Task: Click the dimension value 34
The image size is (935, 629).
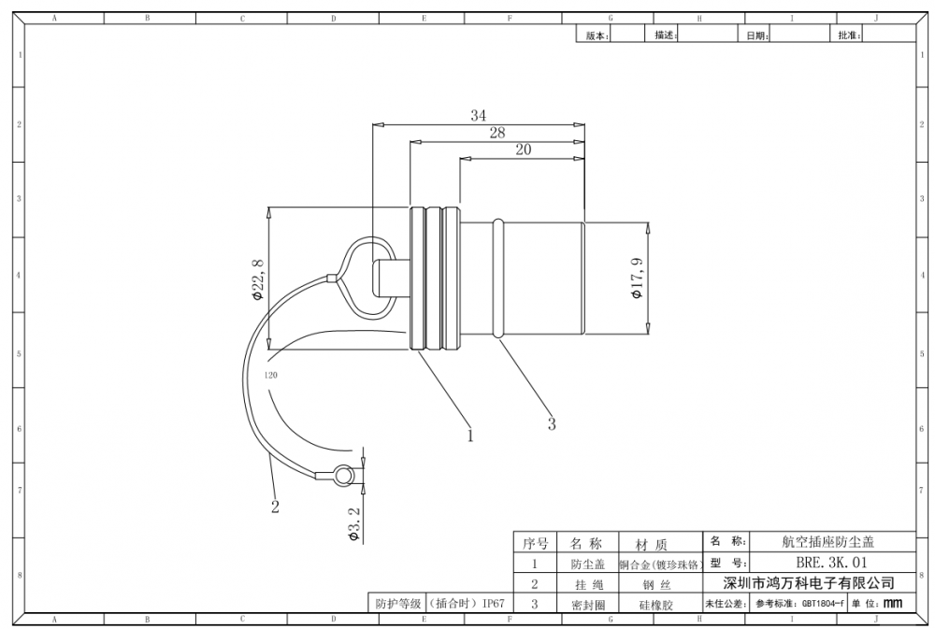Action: pyautogui.click(x=478, y=115)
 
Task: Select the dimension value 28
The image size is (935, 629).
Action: pyautogui.click(x=497, y=133)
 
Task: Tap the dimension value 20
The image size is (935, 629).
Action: pyautogui.click(x=523, y=150)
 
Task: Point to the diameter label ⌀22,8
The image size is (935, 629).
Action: pyautogui.click(x=258, y=279)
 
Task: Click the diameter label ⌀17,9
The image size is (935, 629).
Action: pyautogui.click(x=638, y=279)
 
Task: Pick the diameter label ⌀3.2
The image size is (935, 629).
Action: pyautogui.click(x=354, y=524)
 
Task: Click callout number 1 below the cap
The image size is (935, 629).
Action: pyautogui.click(x=470, y=436)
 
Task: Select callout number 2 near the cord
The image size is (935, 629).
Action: pyautogui.click(x=275, y=507)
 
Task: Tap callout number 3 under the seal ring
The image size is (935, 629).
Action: pyautogui.click(x=552, y=424)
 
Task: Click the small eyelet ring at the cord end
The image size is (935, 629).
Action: pyautogui.click(x=342, y=475)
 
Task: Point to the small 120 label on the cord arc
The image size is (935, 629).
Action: pyautogui.click(x=270, y=376)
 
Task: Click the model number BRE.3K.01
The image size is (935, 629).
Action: pyautogui.click(x=831, y=563)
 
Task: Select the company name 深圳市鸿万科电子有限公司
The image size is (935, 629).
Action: pyautogui.click(x=809, y=582)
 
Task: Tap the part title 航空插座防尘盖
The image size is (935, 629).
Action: pyautogui.click(x=827, y=541)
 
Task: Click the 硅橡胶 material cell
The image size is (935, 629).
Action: pyautogui.click(x=656, y=605)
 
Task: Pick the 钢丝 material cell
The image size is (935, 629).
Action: pyautogui.click(x=656, y=585)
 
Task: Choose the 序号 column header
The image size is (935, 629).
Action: pyautogui.click(x=535, y=544)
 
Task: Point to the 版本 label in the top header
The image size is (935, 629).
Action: pyautogui.click(x=597, y=36)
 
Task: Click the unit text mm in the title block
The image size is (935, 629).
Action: pyautogui.click(x=893, y=604)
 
